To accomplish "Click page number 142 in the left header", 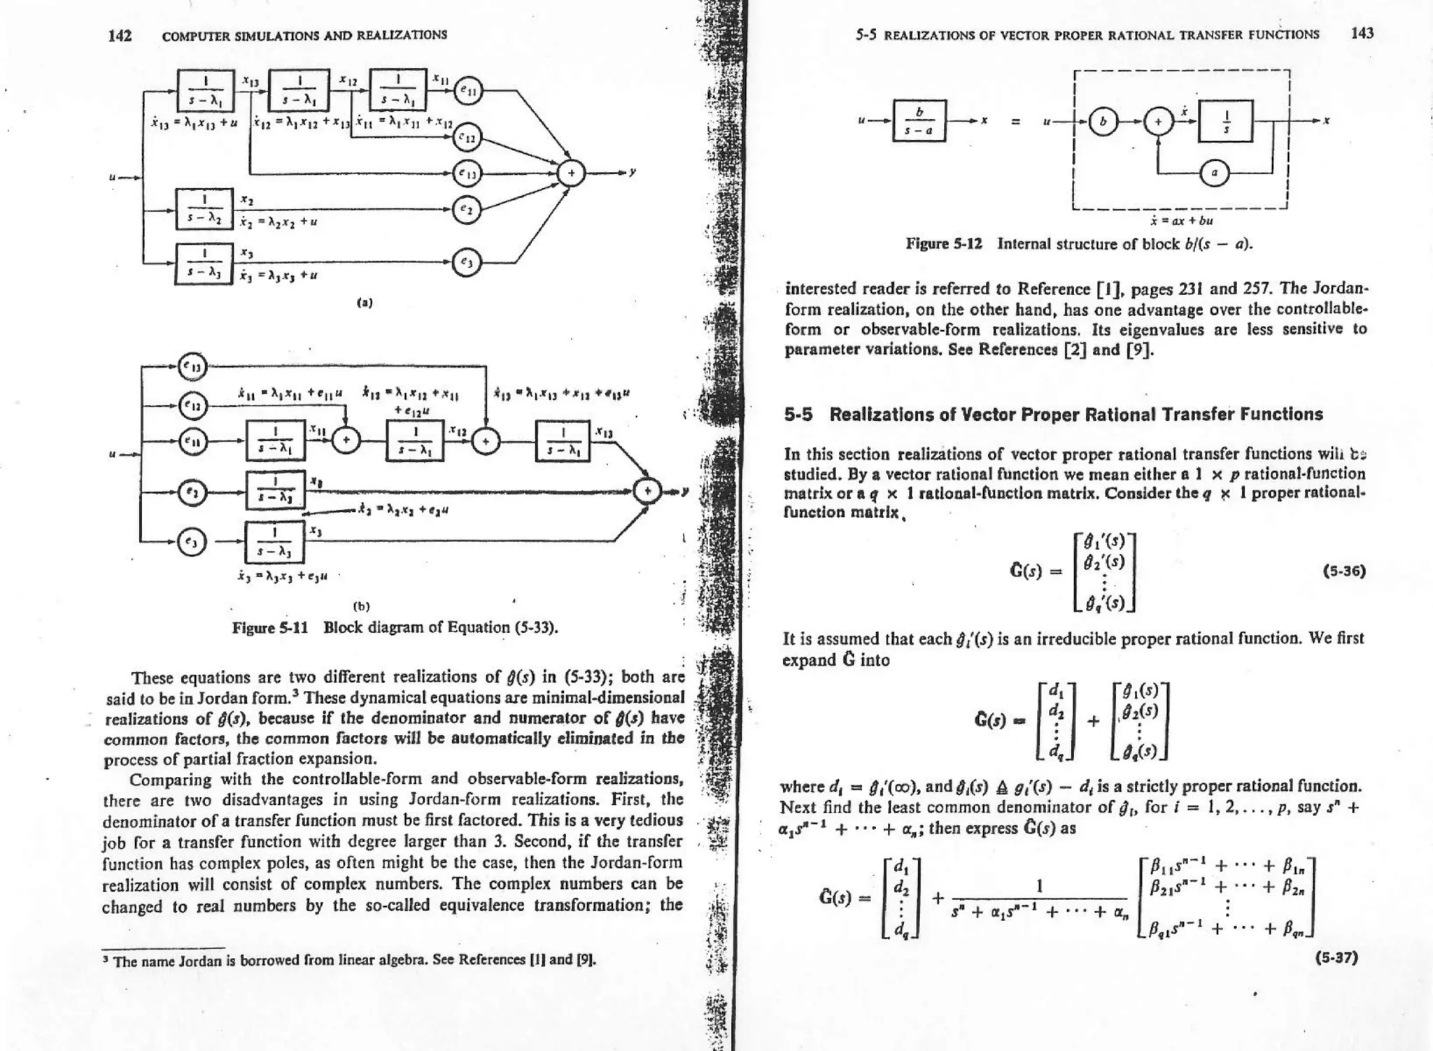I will click(120, 36).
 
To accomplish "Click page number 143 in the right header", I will click(1362, 34).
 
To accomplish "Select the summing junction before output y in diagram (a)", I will click(572, 174).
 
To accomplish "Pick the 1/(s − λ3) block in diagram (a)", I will click(204, 263).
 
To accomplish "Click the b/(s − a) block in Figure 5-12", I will click(919, 121).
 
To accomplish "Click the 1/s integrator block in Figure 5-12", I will click(1226, 121).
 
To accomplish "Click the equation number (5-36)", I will click(1344, 571).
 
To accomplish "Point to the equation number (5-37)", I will click(1336, 957).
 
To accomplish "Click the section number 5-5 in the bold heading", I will click(798, 415).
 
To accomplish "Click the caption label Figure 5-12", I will click(944, 244).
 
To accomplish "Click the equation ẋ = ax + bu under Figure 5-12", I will click(1181, 221).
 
